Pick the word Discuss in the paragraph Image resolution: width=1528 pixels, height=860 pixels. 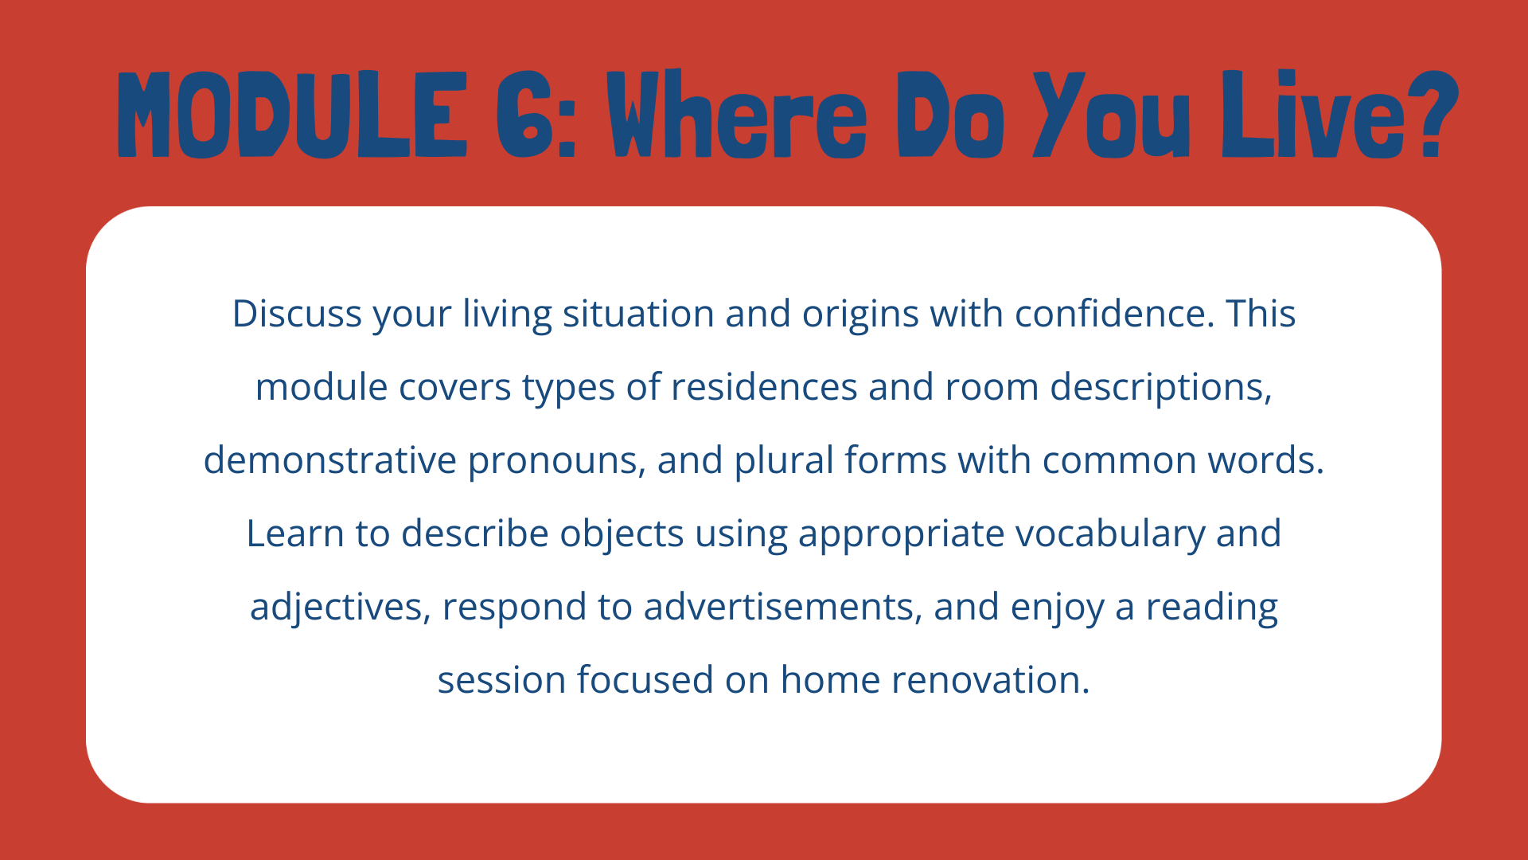297,314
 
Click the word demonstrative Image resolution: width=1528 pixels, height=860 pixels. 330,460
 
